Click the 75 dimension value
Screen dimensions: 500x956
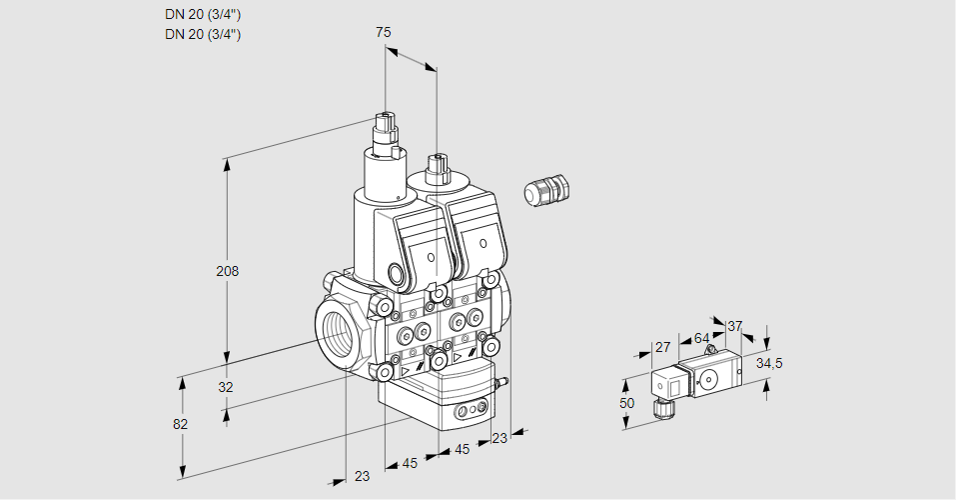click(384, 32)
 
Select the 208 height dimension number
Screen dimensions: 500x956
click(229, 271)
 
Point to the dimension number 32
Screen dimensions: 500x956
click(226, 387)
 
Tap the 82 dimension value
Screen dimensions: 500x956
click(180, 424)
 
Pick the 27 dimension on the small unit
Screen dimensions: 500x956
click(661, 347)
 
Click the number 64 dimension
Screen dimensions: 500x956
click(701, 339)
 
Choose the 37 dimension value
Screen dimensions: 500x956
click(735, 326)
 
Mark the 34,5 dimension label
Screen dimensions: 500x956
click(769, 363)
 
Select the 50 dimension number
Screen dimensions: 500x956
click(626, 403)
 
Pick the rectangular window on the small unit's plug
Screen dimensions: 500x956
click(673, 385)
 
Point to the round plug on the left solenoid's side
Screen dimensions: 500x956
click(394, 273)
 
